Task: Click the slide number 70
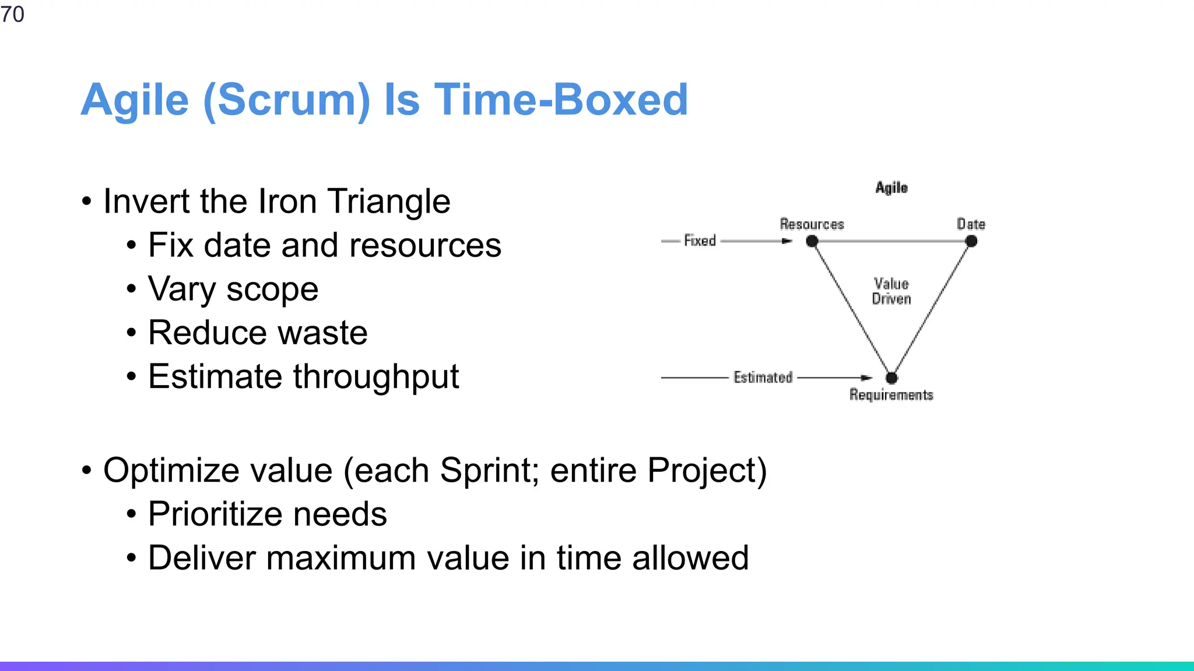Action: point(12,14)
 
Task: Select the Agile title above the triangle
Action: point(891,188)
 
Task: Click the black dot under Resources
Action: point(812,241)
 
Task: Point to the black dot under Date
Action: point(971,241)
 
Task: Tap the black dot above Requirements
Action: point(891,378)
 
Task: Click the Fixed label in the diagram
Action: point(700,241)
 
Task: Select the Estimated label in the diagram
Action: point(763,377)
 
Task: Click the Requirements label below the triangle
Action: point(891,395)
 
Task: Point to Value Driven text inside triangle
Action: point(891,291)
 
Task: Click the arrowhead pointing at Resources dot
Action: point(787,241)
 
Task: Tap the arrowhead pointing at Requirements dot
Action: point(866,378)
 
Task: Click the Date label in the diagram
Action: point(971,224)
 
